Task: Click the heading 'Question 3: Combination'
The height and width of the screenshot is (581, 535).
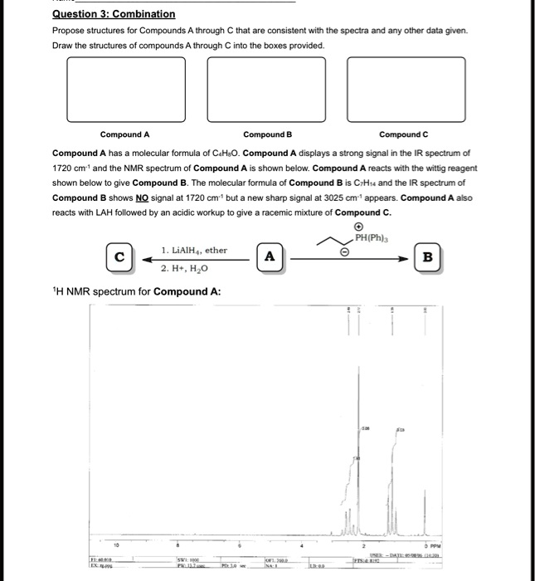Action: [x=114, y=14]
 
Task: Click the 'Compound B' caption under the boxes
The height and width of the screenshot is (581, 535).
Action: [x=267, y=134]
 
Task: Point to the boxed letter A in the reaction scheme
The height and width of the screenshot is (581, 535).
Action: [x=269, y=256]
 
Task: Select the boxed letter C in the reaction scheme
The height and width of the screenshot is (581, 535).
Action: [x=119, y=256]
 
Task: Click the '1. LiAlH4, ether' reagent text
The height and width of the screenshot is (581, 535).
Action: [x=194, y=250]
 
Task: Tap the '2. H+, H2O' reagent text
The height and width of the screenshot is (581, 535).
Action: [x=186, y=269]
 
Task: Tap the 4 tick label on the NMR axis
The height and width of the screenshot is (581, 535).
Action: [x=302, y=546]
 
